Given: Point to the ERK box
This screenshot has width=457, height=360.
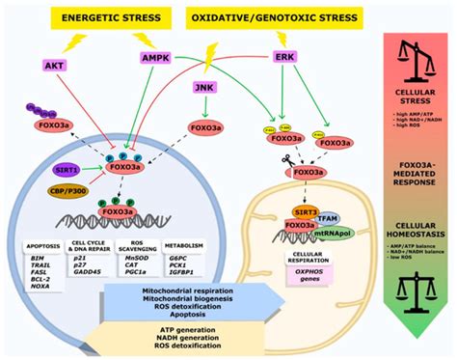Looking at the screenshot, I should click(x=286, y=58).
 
